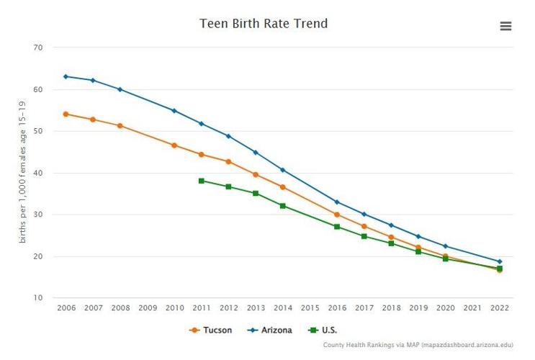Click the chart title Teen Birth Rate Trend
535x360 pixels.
click(263, 24)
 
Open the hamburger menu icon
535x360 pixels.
click(505, 26)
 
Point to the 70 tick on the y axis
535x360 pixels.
click(37, 48)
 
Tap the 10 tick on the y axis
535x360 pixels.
click(37, 298)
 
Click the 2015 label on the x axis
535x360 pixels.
click(310, 307)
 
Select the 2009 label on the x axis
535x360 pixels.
click(147, 307)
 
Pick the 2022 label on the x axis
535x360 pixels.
click(499, 307)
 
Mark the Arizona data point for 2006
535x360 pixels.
click(66, 76)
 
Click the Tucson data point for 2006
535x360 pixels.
click(66, 114)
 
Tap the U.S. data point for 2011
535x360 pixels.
click(202, 181)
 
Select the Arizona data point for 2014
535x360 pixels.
click(283, 170)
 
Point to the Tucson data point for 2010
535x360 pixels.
click(174, 145)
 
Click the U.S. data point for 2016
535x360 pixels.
click(337, 226)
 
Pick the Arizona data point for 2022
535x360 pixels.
click(499, 261)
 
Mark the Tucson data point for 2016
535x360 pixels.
click(337, 214)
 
